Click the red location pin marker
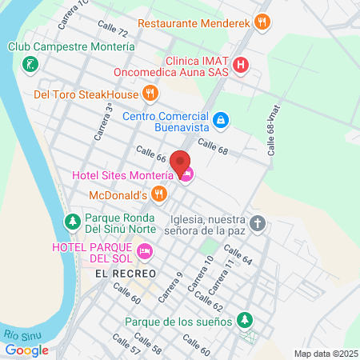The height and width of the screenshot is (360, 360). point(180,162)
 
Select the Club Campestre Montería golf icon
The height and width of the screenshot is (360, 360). point(30,64)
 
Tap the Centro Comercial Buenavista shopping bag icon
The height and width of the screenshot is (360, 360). point(222,121)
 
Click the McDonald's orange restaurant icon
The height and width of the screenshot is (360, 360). point(160,193)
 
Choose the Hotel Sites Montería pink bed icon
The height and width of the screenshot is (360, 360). point(186,175)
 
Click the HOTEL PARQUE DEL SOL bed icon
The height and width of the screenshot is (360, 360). point(145,252)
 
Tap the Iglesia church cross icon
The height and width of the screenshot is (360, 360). point(257,222)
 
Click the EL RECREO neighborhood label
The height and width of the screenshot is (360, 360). point(118,273)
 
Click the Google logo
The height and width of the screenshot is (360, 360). point(26,350)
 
